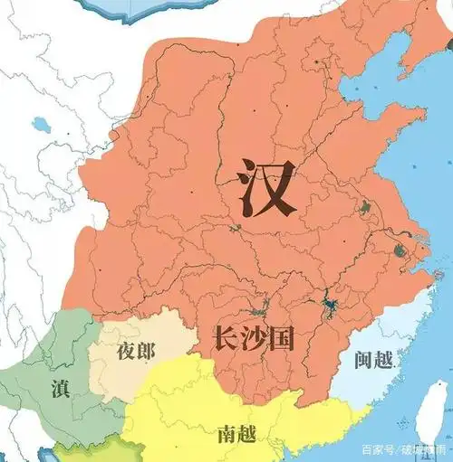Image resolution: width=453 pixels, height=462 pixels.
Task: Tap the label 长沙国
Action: [x=256, y=339]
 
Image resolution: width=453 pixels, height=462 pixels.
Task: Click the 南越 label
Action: [x=236, y=434]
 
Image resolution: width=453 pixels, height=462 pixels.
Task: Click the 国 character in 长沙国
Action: [x=285, y=339]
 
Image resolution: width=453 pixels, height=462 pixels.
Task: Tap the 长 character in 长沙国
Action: [x=226, y=339]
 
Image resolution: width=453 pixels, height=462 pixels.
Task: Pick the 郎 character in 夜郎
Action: [x=148, y=352]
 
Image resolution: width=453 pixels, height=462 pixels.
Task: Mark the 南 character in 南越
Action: [x=226, y=434]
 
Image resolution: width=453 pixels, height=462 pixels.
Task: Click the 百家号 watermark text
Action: [x=377, y=449]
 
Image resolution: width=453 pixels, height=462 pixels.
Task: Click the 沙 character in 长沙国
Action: [x=256, y=339]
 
